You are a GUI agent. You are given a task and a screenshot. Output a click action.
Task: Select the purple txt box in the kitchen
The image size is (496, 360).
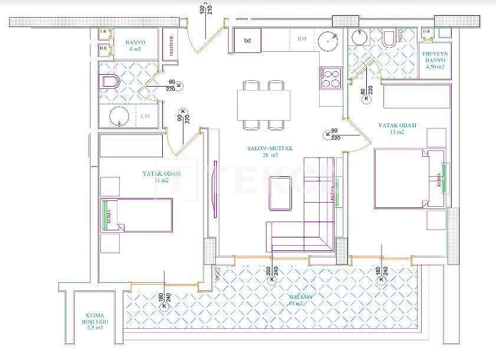point(248,41)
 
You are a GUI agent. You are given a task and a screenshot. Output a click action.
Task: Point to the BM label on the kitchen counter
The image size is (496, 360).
point(302,39)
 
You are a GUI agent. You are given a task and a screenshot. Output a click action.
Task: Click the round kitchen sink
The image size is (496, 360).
point(327,41)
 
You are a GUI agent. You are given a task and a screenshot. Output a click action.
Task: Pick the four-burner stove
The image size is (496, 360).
point(331,78)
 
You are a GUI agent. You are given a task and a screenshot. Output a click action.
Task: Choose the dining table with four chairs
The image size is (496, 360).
point(264,104)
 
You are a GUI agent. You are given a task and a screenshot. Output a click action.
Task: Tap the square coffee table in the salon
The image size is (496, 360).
point(281,193)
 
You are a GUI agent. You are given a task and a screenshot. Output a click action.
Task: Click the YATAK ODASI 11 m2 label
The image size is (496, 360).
point(161,177)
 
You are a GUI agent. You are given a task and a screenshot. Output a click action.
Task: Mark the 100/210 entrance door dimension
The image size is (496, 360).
point(206,8)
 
